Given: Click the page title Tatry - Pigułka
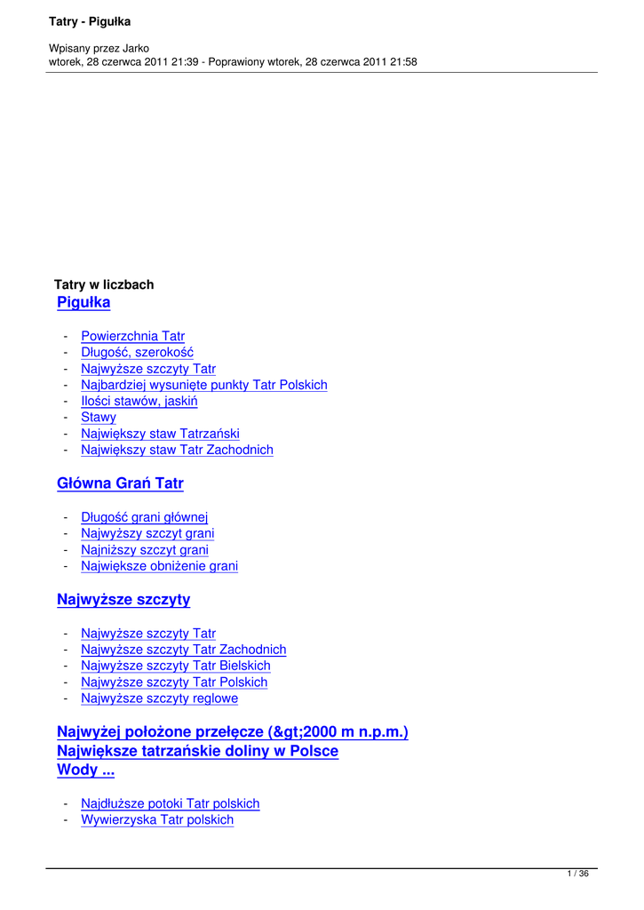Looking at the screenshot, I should click(x=89, y=21).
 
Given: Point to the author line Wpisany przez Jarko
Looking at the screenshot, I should click(x=99, y=48).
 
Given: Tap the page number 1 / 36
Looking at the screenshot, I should click(x=577, y=874).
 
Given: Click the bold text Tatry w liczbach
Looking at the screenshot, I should click(x=104, y=285).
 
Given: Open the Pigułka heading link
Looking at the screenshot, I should click(x=83, y=303).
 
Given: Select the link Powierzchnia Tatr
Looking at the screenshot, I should click(x=132, y=337).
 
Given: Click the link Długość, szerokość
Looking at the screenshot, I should click(x=137, y=353).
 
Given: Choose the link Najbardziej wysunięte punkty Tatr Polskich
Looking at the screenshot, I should click(x=204, y=386).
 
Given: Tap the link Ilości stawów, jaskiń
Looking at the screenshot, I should click(x=139, y=402).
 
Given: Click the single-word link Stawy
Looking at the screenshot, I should click(x=99, y=418).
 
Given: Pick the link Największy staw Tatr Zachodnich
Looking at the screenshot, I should click(x=177, y=451).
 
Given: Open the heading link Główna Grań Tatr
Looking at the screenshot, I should click(x=120, y=484).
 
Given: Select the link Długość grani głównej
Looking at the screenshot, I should click(x=144, y=517).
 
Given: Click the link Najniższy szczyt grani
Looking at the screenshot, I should click(x=145, y=550).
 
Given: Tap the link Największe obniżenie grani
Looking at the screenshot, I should click(x=159, y=566).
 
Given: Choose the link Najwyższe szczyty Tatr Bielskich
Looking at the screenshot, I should click(x=176, y=667).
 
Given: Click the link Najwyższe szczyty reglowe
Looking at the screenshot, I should click(x=159, y=699).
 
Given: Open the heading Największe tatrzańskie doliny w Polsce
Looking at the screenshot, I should click(x=197, y=752).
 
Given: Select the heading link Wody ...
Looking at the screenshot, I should click(x=79, y=770).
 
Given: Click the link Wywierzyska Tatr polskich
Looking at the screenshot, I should click(x=157, y=820).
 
